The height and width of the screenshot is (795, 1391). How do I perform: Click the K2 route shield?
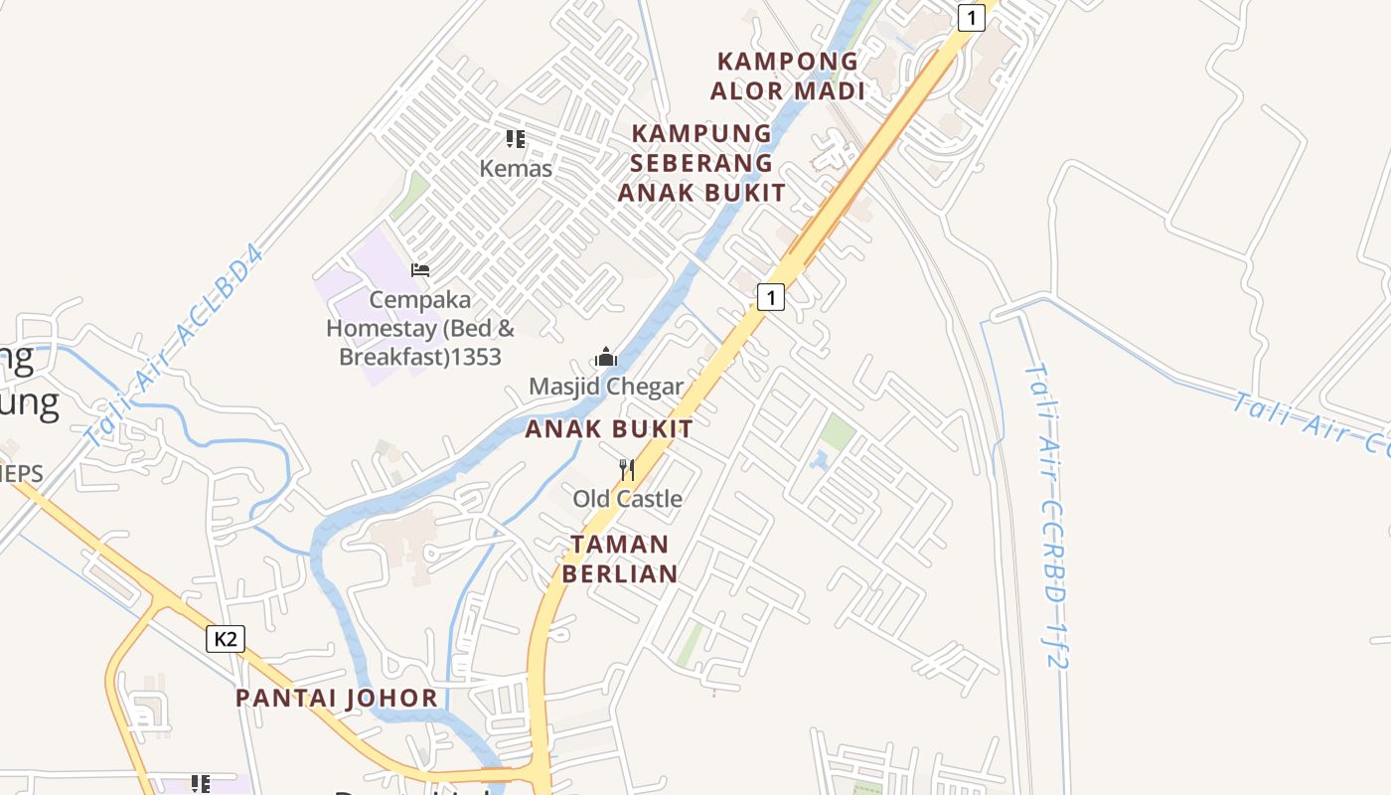[x=226, y=639]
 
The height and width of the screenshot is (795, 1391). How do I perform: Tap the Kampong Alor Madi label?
[x=787, y=76]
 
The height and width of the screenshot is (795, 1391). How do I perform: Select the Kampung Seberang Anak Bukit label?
[x=701, y=163]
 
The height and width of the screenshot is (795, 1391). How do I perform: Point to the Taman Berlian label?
[x=620, y=558]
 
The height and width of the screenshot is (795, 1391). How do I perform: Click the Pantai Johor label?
[x=337, y=698]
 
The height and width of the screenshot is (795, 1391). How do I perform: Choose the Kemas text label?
[x=516, y=169]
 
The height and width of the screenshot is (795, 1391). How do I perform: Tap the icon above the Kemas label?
[x=515, y=139]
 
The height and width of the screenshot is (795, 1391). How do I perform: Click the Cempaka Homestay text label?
[x=420, y=328]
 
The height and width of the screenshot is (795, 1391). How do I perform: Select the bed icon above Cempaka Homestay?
[x=420, y=269]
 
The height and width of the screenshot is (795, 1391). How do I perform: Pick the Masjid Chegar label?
[x=606, y=387]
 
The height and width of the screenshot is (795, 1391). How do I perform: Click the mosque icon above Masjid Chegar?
[x=606, y=357]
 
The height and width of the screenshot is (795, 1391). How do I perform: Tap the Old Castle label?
[x=627, y=499]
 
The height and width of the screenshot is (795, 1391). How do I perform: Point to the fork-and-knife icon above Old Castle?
[x=627, y=469]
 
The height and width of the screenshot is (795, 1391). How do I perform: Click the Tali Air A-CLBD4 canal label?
[x=175, y=346]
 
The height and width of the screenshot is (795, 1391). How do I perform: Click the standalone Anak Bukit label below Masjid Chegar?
[x=608, y=429]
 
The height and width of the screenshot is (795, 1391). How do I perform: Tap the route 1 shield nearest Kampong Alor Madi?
[x=971, y=17]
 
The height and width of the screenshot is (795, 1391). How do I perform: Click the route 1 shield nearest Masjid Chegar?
[x=771, y=296]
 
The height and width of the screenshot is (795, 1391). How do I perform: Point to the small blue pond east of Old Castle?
[x=820, y=460]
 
